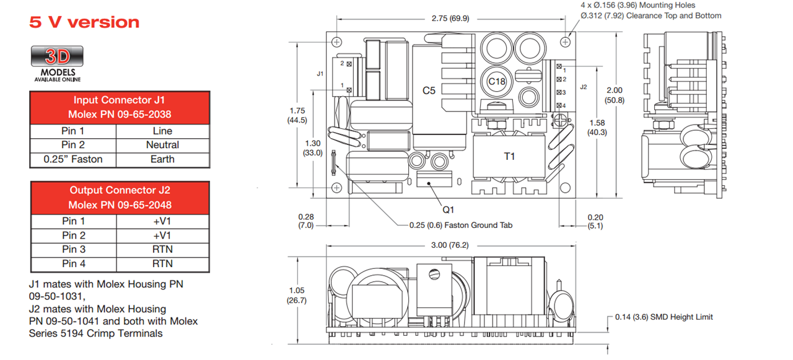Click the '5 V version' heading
coord(84,22)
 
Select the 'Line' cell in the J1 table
coord(162,131)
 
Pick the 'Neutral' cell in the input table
coord(162,145)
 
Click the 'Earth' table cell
coord(162,159)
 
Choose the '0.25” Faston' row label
coord(73,159)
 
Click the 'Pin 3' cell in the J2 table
coord(73,249)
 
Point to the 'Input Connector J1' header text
coord(120,100)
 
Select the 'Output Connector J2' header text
coord(120,190)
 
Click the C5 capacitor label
coord(429,90)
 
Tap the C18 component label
coord(497,81)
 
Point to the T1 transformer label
coord(509,156)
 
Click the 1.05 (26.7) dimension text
coord(296,295)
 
